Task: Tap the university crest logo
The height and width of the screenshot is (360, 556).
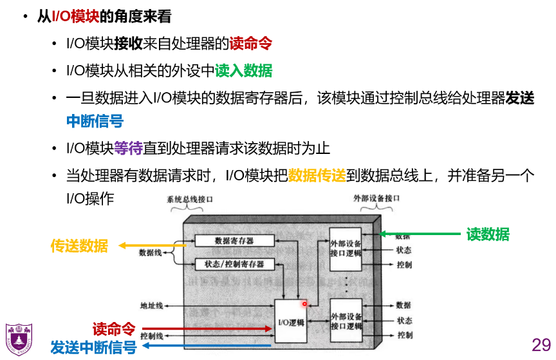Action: point(20,339)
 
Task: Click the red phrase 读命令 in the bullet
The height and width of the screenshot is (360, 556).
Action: point(251,44)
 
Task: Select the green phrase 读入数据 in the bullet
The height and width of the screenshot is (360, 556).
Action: point(243,71)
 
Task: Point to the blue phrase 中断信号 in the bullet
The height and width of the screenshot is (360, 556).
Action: point(95,121)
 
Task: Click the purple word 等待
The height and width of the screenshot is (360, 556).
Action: point(128,148)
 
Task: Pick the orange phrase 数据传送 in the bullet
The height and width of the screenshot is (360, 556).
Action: point(317,176)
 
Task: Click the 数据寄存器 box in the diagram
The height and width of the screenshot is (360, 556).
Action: point(234,241)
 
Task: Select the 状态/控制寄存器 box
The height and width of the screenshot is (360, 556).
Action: point(234,264)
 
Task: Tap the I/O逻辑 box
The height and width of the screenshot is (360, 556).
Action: point(291,322)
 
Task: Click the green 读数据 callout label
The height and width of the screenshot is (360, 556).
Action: point(488,234)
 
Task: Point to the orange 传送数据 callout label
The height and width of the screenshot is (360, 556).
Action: point(79,245)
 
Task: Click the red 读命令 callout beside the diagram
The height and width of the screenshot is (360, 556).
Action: point(113,329)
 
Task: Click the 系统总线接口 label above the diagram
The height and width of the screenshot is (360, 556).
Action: point(190,200)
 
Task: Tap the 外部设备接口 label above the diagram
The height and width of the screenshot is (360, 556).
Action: point(376,200)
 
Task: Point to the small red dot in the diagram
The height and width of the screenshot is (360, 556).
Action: point(305,303)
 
